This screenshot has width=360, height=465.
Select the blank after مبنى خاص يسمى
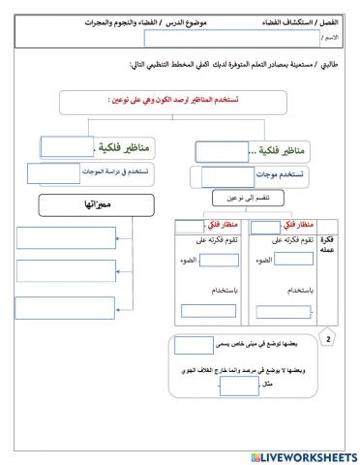[x=194, y=344]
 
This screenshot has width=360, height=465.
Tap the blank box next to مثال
[x=234, y=386]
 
